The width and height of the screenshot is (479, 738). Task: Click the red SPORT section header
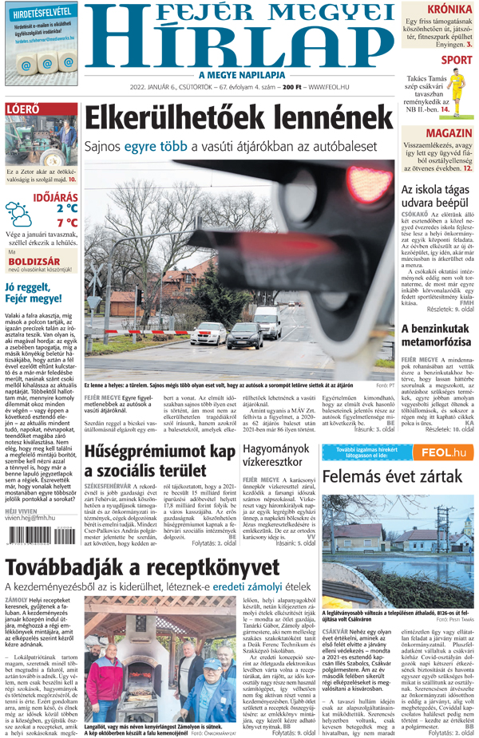click(456, 60)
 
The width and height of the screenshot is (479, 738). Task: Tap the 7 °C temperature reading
click(67, 223)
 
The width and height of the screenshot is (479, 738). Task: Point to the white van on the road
click(267, 316)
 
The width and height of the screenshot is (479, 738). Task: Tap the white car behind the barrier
click(207, 333)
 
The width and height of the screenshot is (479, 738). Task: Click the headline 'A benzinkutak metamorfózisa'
click(437, 335)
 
